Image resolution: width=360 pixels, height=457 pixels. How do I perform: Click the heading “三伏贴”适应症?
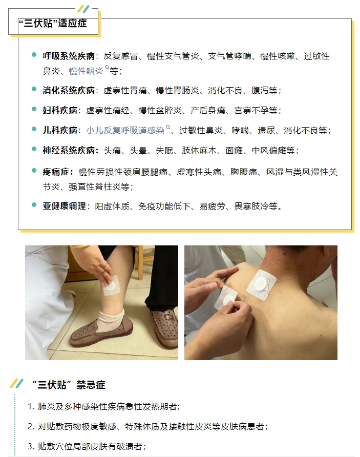point(53,23)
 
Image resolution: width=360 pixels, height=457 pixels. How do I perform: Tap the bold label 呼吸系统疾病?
point(69,56)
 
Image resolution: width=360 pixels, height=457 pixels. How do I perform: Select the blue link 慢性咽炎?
point(86,71)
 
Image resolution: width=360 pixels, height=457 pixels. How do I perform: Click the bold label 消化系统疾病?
point(69,90)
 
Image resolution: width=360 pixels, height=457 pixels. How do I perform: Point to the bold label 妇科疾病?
point(60,111)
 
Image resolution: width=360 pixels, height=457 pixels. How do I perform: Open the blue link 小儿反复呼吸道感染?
point(125,130)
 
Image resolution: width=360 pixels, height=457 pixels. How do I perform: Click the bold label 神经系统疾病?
point(69,151)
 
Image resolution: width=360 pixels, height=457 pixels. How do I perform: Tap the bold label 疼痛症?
point(56,172)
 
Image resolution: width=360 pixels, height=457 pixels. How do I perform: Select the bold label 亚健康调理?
point(65,206)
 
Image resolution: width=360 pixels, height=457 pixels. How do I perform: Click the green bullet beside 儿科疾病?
point(34,129)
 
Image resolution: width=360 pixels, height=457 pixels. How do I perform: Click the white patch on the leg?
point(112,286)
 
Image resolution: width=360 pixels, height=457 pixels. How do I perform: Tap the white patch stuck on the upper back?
point(261,284)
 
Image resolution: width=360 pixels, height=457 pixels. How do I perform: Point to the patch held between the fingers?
point(226,298)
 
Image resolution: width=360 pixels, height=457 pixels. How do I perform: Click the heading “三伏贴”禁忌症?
point(69,385)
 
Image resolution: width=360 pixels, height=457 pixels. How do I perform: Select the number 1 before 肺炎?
point(30,407)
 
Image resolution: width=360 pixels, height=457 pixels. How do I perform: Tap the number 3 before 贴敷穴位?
point(30,447)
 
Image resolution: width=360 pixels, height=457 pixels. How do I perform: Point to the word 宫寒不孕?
point(251,111)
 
